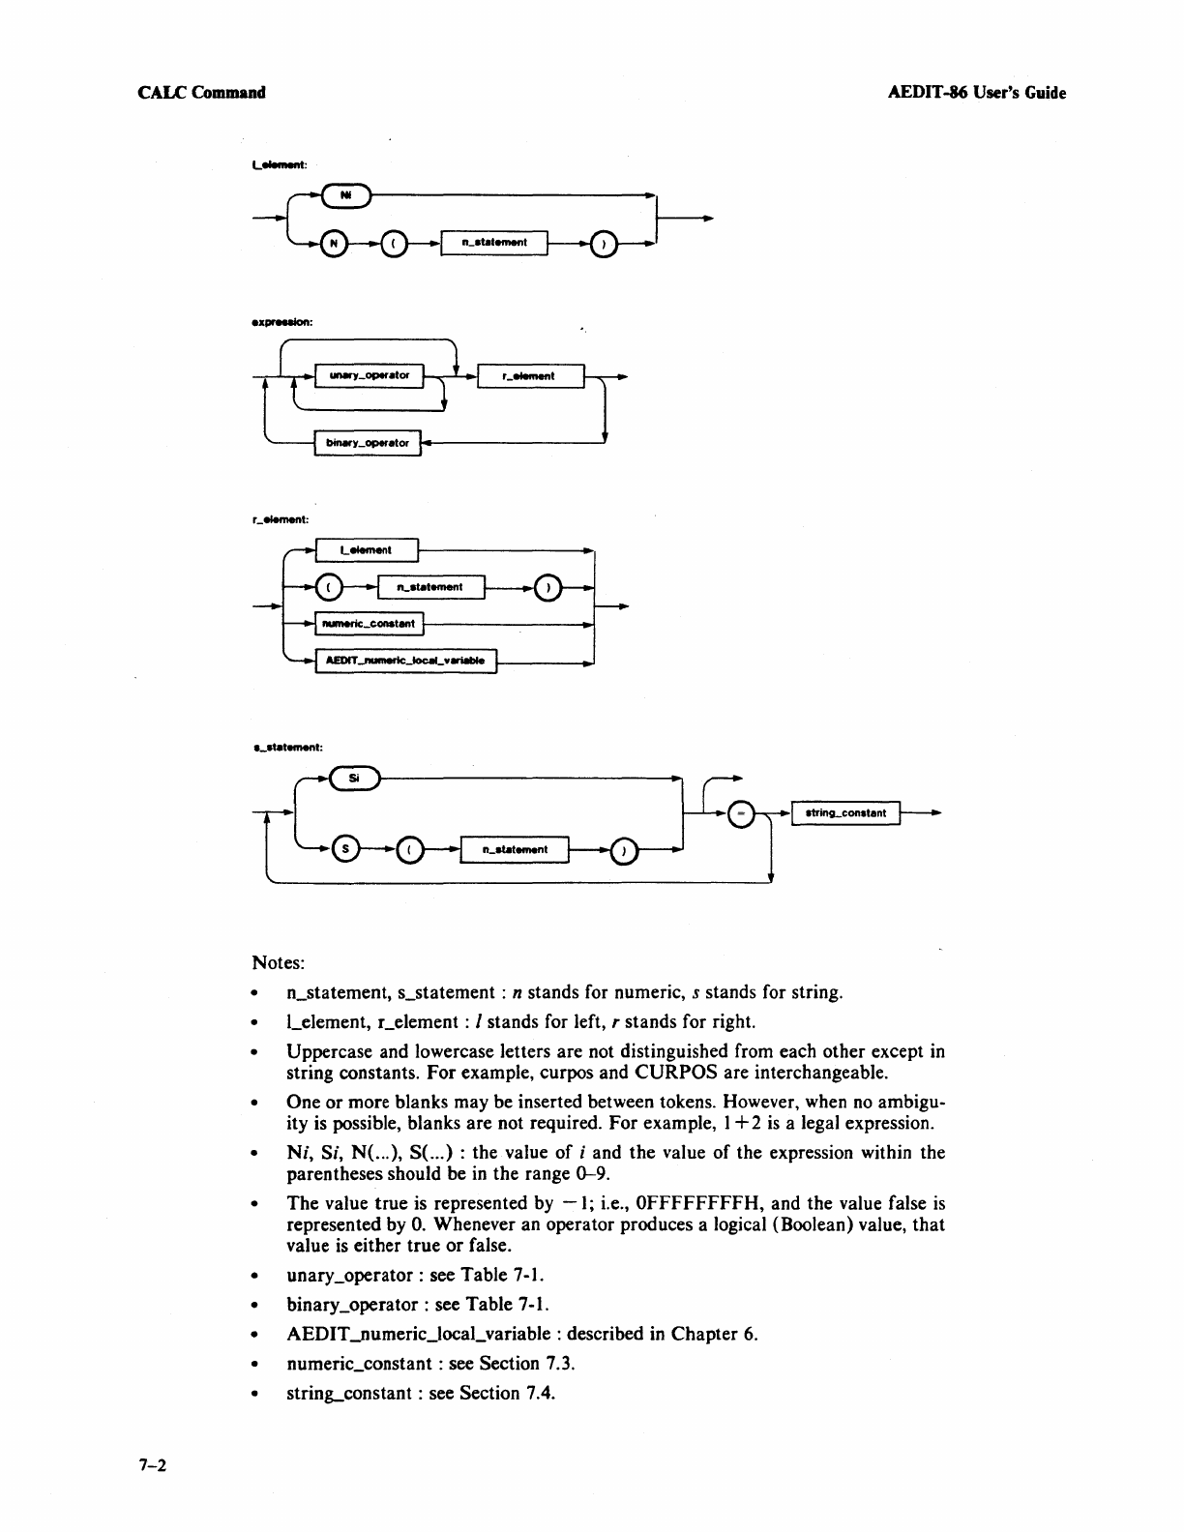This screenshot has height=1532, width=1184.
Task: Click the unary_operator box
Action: tap(370, 375)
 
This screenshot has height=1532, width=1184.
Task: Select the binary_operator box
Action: tap(368, 443)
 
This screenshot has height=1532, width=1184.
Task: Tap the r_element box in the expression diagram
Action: tap(530, 375)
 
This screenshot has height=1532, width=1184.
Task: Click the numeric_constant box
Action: tap(370, 624)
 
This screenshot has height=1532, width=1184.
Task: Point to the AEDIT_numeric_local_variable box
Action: tap(405, 662)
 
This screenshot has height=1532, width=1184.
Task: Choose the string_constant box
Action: tap(845, 813)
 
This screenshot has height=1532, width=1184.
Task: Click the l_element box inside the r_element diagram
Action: tap(366, 550)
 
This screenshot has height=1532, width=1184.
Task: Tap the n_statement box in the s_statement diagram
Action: tap(516, 849)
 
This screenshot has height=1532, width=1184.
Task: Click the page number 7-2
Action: tap(153, 1466)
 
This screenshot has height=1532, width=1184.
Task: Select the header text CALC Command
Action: tap(201, 93)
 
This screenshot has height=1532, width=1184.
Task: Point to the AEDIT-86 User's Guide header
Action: tap(976, 93)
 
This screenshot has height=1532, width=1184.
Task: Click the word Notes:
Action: tap(279, 963)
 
